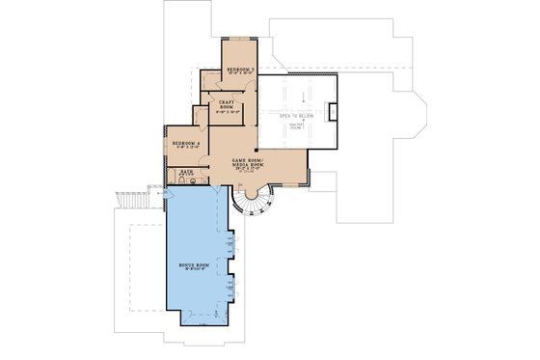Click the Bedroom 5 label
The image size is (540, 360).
point(240,69)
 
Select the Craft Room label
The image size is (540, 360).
point(227,103)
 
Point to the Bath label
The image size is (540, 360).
point(187,171)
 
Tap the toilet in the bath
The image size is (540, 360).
point(181,180)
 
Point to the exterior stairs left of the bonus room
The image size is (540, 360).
point(129,200)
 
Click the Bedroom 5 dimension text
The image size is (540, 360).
point(240,74)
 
